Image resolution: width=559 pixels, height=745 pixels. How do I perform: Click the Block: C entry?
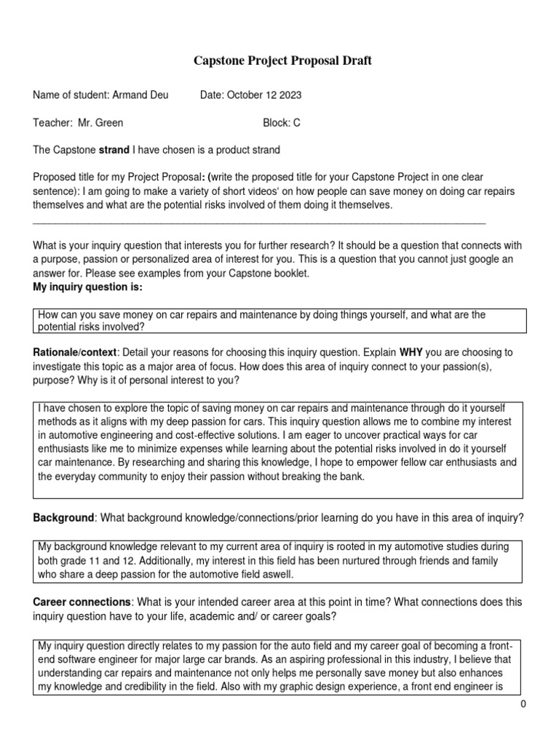pyautogui.click(x=281, y=123)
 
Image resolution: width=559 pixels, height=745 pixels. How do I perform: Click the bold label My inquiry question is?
pyautogui.click(x=88, y=287)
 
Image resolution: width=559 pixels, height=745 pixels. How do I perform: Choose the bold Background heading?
pyautogui.click(x=64, y=517)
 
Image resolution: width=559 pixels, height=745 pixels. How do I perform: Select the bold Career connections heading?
pyautogui.click(x=82, y=602)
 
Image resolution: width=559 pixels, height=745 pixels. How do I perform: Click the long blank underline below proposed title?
pyautogui.click(x=259, y=221)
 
